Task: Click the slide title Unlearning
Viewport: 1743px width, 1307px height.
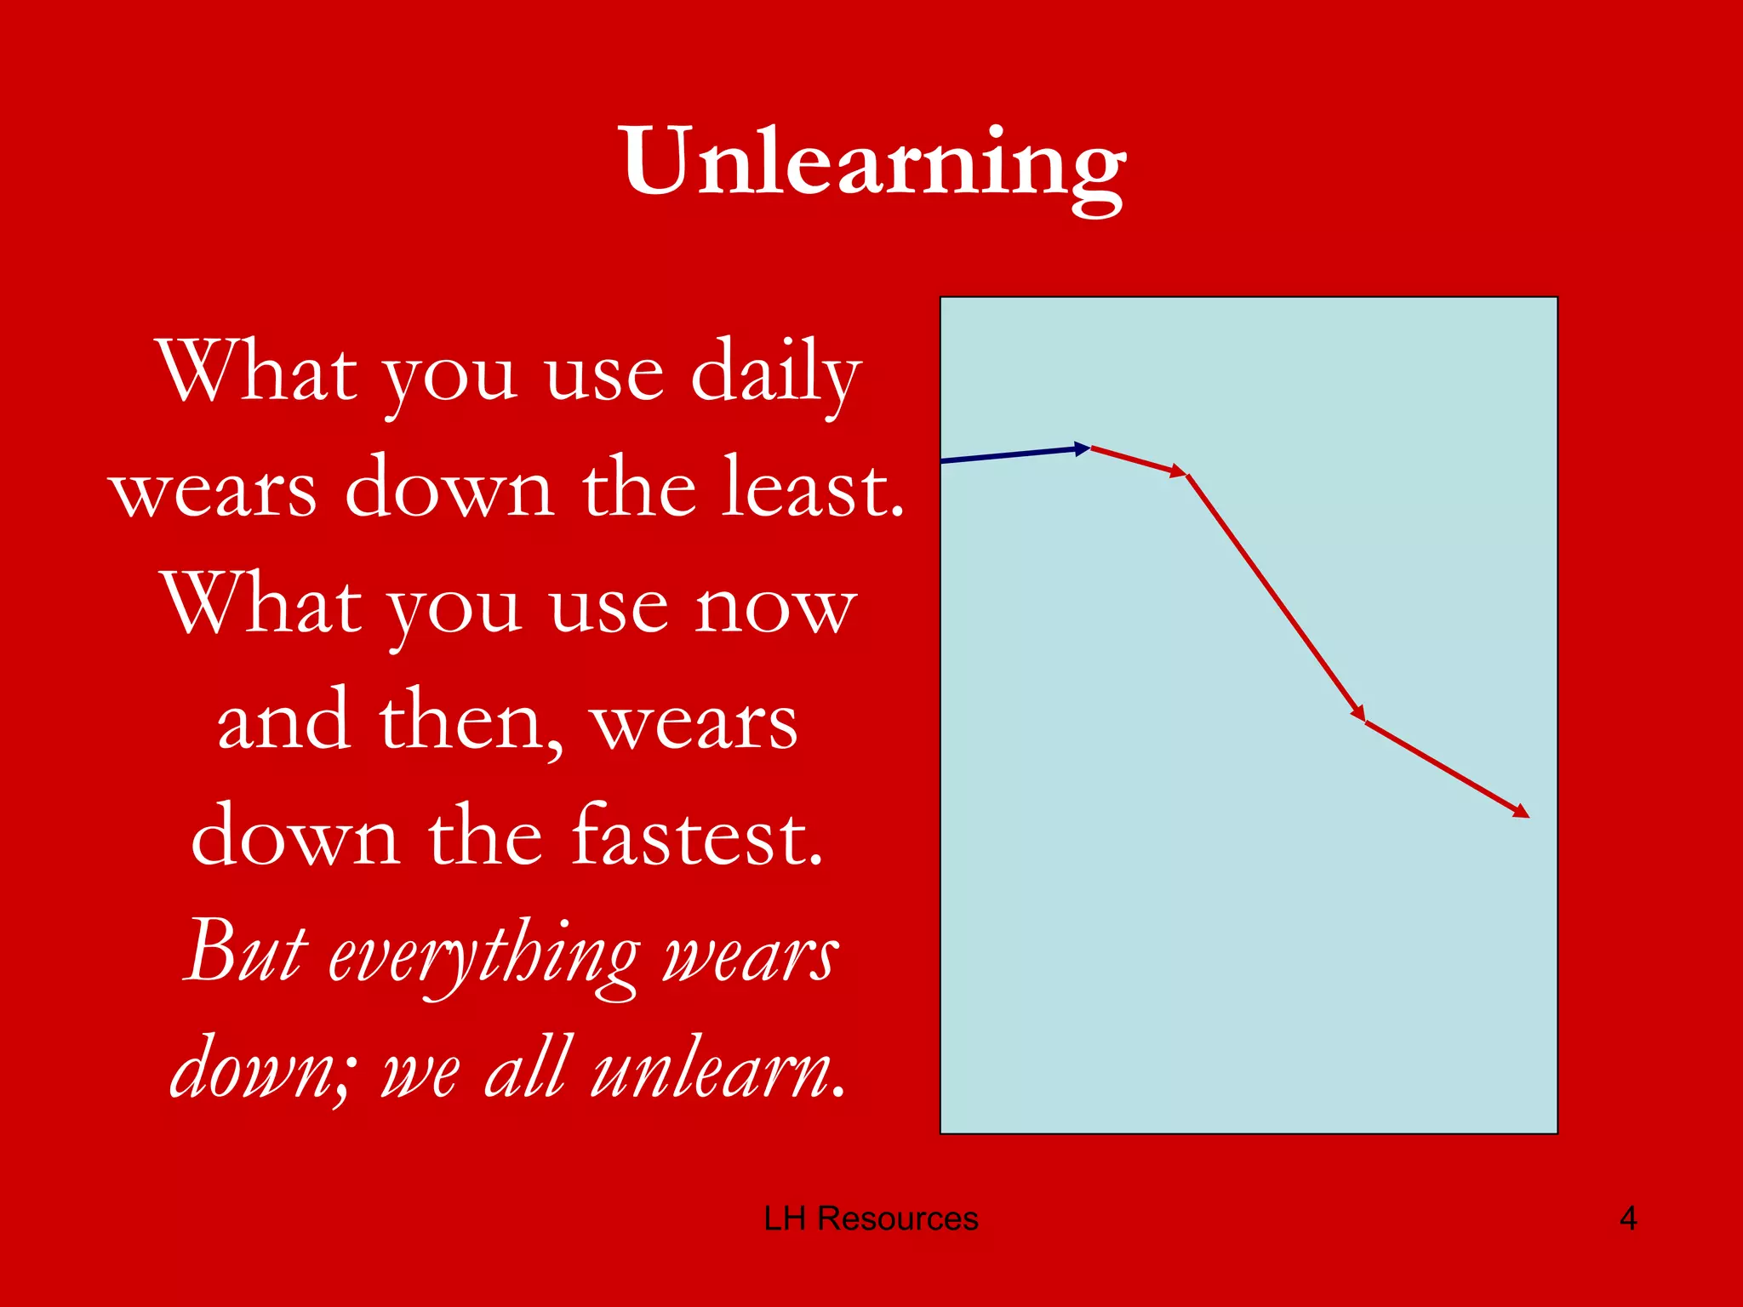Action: [873, 162]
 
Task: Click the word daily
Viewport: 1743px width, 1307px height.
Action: [775, 373]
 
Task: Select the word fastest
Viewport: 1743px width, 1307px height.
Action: [698, 838]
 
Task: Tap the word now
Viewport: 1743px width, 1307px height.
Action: [774, 606]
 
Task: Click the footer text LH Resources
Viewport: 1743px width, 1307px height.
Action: [871, 1219]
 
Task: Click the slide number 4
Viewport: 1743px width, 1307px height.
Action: [1627, 1219]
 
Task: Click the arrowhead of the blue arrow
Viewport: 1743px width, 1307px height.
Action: [1083, 448]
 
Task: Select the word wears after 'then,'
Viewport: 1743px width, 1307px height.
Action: [694, 722]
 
